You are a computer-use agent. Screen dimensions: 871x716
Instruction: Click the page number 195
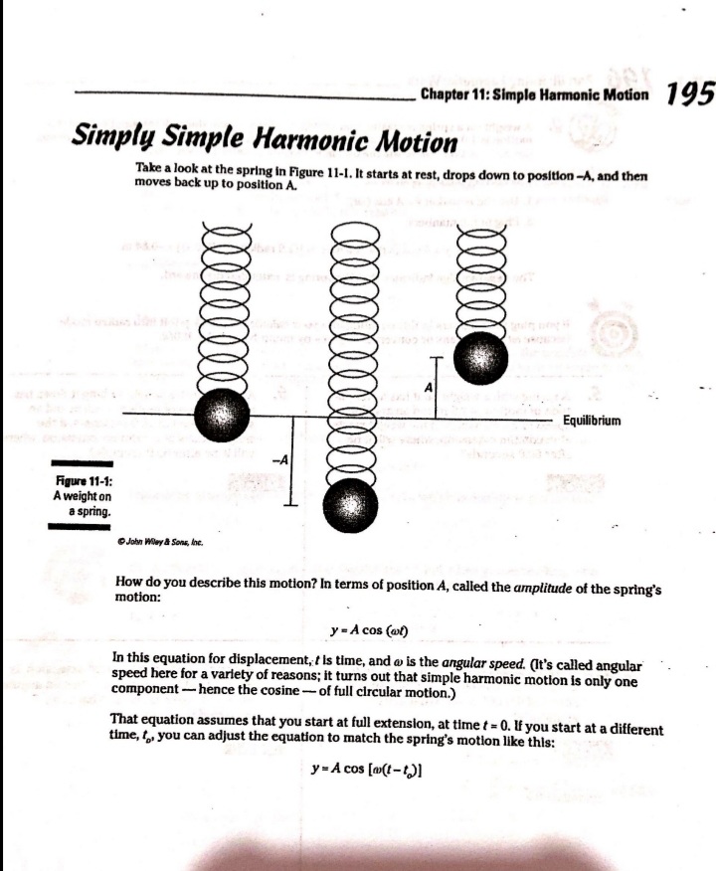coord(690,95)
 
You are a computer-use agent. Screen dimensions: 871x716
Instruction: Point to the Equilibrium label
coord(592,421)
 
